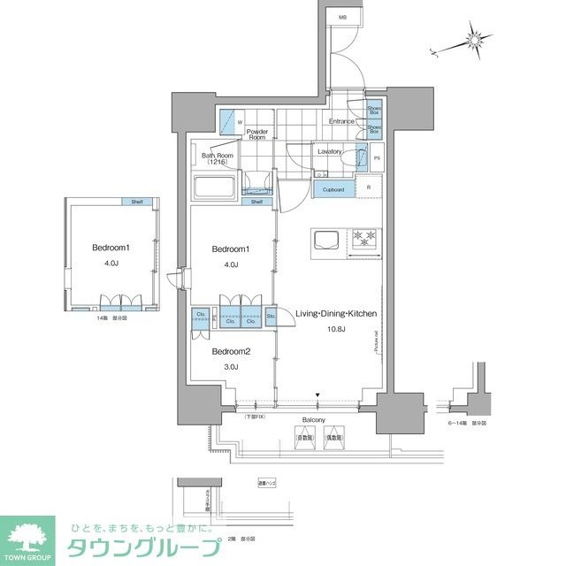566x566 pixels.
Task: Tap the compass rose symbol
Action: [x=478, y=42]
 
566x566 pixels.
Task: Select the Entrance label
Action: [x=342, y=121]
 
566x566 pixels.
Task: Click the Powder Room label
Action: [x=256, y=134]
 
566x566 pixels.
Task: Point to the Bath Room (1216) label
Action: [x=216, y=159]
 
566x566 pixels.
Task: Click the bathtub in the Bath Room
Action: [x=212, y=188]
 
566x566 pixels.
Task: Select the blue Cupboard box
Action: [x=333, y=189]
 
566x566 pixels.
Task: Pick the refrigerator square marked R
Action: [x=369, y=187]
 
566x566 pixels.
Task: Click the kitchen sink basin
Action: [x=324, y=239]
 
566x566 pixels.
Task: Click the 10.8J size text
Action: [x=336, y=330]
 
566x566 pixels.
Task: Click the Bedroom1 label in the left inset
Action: [x=111, y=248]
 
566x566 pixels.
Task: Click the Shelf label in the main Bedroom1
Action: [x=256, y=202]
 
